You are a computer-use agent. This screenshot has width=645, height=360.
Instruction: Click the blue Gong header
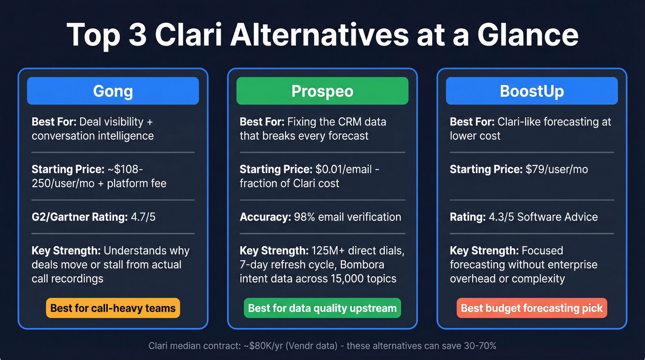click(113, 91)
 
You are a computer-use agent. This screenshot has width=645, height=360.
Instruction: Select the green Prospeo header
click(322, 91)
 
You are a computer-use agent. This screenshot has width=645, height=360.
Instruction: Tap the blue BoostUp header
click(532, 91)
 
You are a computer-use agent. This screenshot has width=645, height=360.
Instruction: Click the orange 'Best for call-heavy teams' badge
click(113, 308)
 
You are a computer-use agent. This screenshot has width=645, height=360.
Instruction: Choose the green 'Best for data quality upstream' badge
click(322, 308)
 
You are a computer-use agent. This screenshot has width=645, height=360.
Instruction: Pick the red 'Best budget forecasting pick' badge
click(532, 308)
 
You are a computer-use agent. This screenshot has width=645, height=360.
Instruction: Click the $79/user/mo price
click(557, 169)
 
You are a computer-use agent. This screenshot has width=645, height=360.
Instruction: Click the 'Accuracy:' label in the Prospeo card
click(265, 217)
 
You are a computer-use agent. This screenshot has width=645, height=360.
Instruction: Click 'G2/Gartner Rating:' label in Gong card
click(79, 217)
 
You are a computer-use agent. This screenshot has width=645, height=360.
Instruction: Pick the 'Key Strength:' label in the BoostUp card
click(484, 251)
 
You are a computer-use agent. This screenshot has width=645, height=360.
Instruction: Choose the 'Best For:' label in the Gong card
click(54, 122)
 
